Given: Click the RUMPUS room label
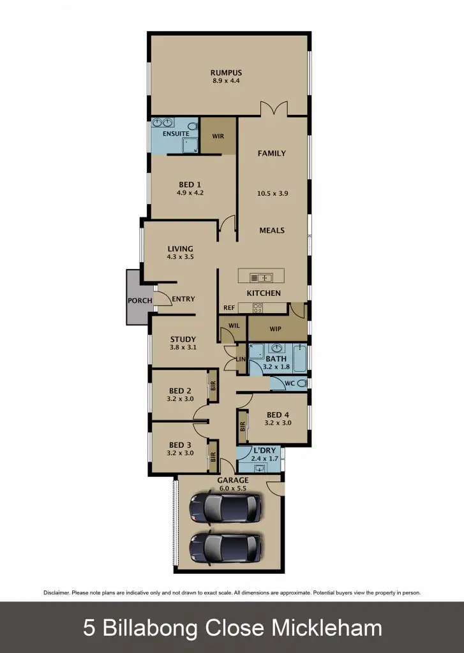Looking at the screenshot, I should click(227, 73).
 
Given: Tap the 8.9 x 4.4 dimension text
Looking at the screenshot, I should click(227, 81).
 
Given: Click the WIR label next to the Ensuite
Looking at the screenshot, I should click(218, 136).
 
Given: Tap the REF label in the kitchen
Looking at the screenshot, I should click(228, 308).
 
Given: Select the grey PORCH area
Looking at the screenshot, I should click(138, 297).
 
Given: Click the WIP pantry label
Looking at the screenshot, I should click(276, 330).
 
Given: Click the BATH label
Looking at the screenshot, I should click(276, 359).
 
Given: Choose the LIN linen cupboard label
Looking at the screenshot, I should click(241, 360).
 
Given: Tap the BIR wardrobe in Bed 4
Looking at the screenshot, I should click(243, 427).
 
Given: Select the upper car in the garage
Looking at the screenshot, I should click(225, 507).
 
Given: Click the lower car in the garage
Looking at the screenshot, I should click(225, 547).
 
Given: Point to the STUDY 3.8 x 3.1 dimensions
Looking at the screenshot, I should click(183, 348).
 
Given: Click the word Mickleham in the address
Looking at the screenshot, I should click(327, 628).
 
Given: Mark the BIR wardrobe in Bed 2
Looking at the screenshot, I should click(213, 387).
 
